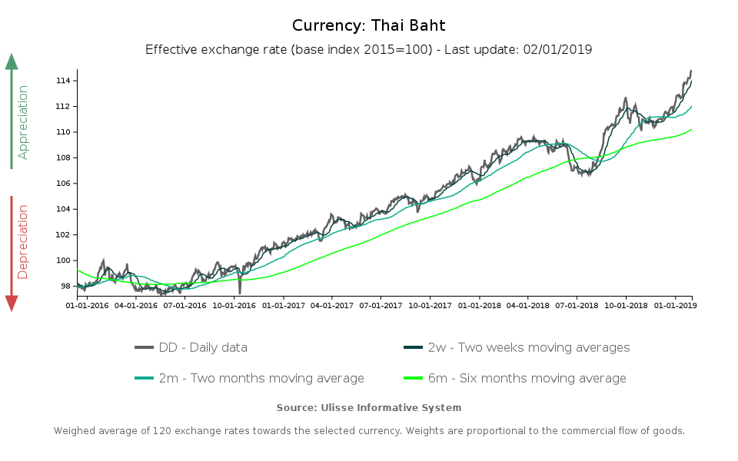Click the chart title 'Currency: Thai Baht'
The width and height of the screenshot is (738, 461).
(x=368, y=25)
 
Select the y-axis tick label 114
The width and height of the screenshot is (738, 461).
(x=63, y=81)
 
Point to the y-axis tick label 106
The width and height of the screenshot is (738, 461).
(x=63, y=184)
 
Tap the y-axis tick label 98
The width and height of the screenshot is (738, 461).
(x=65, y=287)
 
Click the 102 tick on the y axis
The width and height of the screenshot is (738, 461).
(x=63, y=235)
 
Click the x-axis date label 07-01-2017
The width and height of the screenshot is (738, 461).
(x=381, y=305)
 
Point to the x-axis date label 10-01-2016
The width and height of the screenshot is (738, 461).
(x=234, y=305)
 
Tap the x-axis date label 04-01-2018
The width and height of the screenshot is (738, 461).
(x=527, y=305)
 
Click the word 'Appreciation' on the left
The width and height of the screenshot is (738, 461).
(x=23, y=122)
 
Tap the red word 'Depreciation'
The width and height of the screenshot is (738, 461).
(x=23, y=241)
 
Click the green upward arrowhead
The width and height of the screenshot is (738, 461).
(x=12, y=61)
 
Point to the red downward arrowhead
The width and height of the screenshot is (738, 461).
(x=12, y=303)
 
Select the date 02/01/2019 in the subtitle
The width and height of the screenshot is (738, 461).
(x=557, y=49)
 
